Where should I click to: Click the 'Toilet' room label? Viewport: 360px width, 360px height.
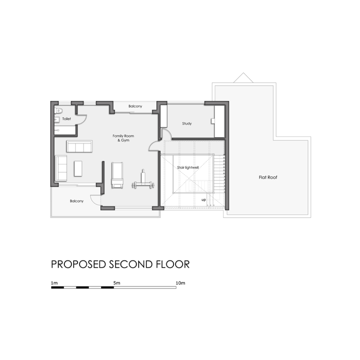(x=67, y=119)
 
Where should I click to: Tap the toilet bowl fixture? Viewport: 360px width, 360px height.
(x=59, y=110)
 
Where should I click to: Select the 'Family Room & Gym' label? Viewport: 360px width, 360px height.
(x=123, y=138)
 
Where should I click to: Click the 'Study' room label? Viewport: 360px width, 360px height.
(x=187, y=124)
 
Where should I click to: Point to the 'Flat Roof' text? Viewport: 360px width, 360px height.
(x=268, y=177)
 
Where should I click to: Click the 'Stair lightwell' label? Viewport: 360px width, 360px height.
(x=188, y=167)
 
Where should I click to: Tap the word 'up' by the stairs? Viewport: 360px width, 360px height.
(x=204, y=200)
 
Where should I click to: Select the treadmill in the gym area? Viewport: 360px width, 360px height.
(x=117, y=175)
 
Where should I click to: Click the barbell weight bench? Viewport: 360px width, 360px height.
(x=143, y=181)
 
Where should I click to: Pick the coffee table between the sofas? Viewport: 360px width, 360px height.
(x=78, y=168)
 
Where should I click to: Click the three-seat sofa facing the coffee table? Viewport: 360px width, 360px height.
(x=79, y=146)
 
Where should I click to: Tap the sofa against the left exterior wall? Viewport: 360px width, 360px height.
(x=61, y=168)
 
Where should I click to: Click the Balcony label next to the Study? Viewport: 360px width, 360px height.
(x=135, y=106)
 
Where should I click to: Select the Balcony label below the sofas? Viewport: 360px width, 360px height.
(x=77, y=201)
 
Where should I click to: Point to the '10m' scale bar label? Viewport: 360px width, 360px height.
(x=180, y=283)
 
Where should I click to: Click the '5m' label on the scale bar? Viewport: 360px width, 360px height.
(x=117, y=283)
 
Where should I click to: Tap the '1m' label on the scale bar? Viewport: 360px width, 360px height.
(x=54, y=283)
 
